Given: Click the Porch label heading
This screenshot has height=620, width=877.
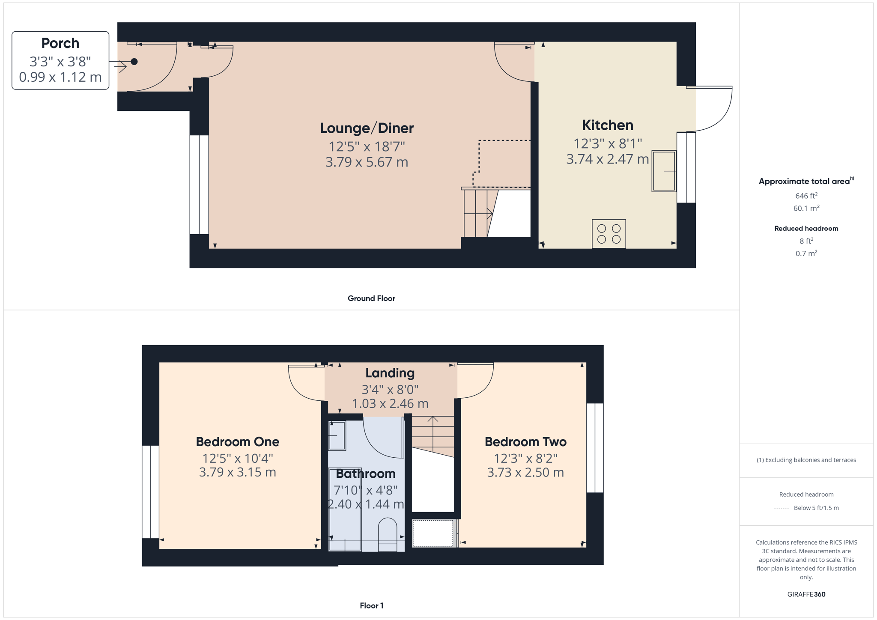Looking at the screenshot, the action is coord(60,43).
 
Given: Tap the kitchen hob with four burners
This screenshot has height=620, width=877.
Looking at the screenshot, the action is coord(609,234).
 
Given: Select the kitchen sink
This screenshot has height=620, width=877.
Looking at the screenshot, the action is coord(664,171).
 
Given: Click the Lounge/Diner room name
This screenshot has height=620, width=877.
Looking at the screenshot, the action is coord(367,128).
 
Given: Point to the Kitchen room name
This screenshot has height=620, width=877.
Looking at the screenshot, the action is coord(607,125).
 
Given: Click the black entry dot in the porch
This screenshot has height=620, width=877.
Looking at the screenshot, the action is coord(134,62).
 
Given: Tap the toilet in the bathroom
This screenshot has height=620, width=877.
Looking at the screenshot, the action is coord(387,534).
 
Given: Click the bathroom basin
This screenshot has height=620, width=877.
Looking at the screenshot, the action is coord(337,436).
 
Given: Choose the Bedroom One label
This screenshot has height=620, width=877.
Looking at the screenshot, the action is coord(237,441).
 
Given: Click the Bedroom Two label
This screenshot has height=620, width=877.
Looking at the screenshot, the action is coord(525,441).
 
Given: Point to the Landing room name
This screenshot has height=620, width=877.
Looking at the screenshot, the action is coord(390,373).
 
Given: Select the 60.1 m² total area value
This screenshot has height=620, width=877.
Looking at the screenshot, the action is coord(806,208).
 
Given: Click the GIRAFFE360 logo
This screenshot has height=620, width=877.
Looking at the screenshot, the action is coord(806,594).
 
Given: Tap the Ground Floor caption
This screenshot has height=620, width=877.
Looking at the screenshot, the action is coord(371,298).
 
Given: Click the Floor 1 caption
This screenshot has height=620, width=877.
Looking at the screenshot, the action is coord(372,605).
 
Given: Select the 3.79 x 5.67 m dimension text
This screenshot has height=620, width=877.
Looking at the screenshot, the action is coord(367,162).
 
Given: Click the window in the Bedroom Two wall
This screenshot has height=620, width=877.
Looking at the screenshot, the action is coord(595,448).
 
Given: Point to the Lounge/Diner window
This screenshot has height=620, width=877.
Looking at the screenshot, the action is coord(199,185).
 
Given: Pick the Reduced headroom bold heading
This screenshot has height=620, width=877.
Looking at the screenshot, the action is coord(806,229).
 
